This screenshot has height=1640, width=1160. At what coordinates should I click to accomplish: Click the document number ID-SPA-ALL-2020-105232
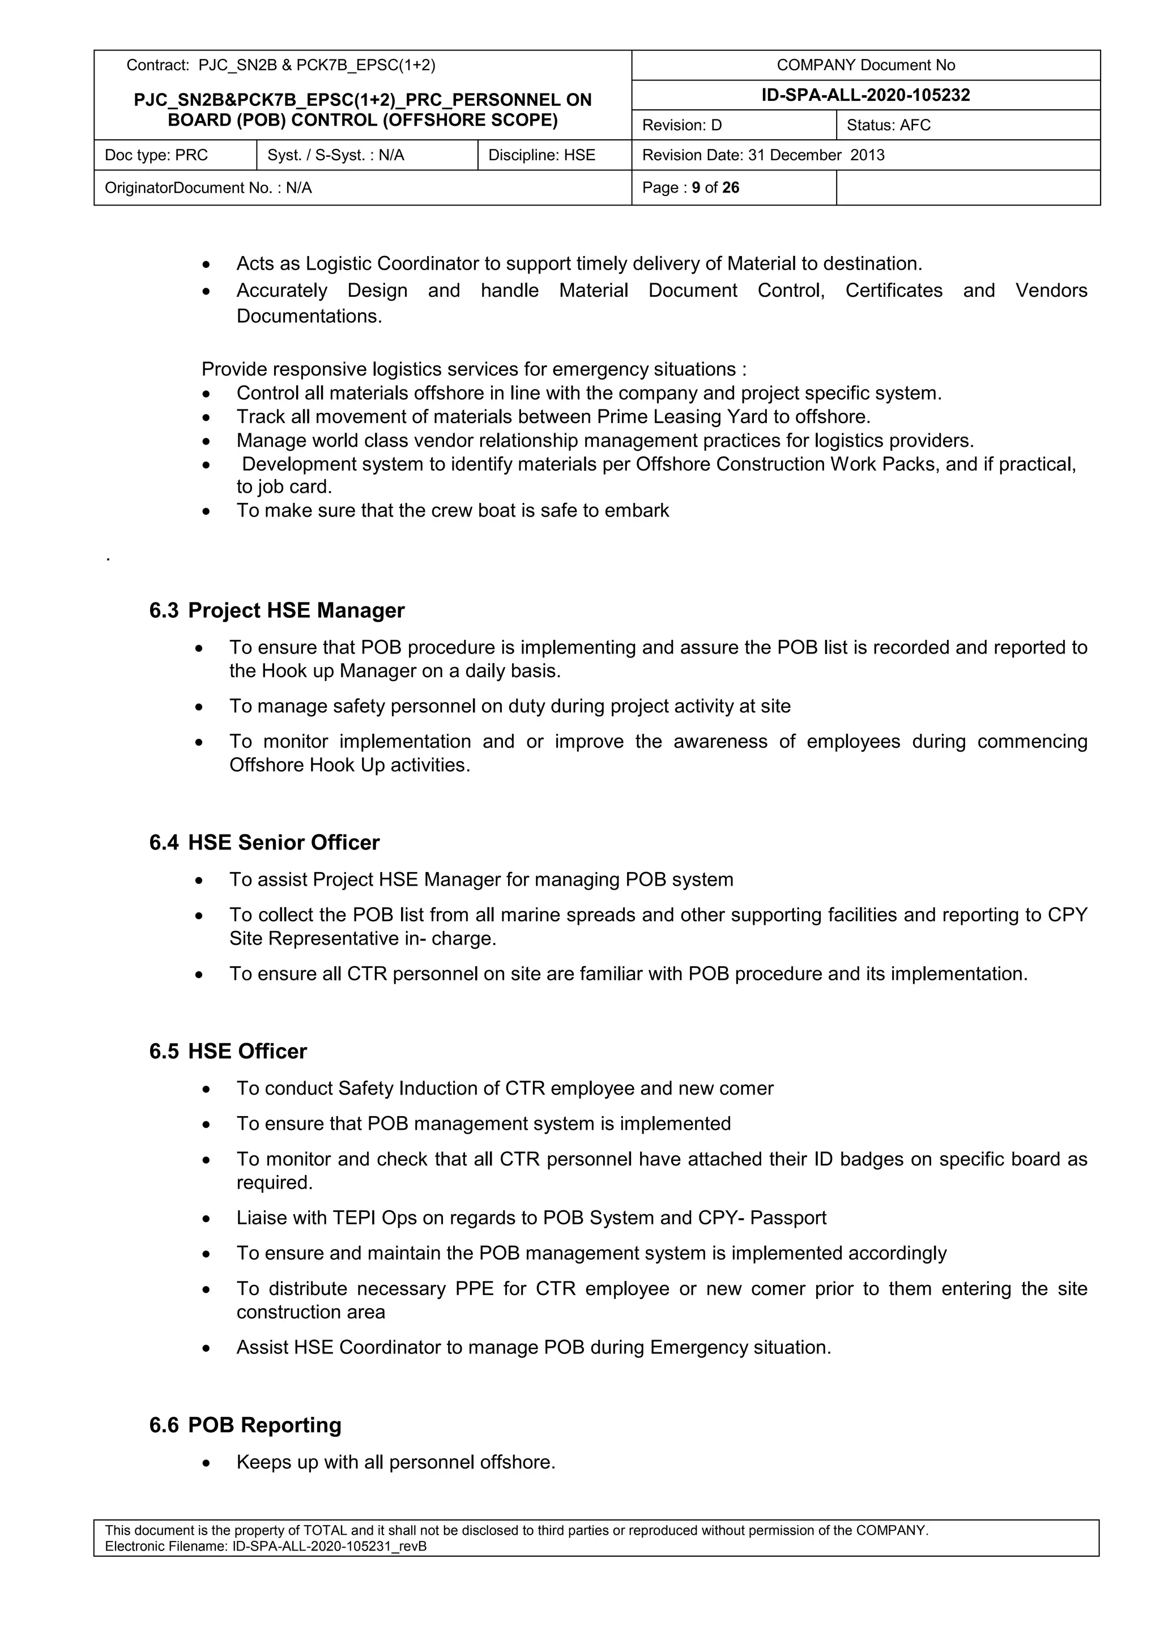pyautogui.click(x=865, y=95)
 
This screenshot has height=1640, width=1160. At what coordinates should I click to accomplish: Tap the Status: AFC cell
pyautogui.click(x=967, y=125)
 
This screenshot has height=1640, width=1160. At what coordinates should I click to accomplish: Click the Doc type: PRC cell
pyautogui.click(x=175, y=155)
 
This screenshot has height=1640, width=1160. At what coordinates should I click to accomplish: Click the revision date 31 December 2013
pyautogui.click(x=816, y=155)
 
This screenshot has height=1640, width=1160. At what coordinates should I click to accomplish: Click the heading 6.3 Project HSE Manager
pyautogui.click(x=276, y=610)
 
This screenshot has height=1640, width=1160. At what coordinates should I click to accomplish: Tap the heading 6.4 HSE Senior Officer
pyautogui.click(x=265, y=842)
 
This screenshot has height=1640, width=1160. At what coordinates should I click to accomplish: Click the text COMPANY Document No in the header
pyautogui.click(x=865, y=65)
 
